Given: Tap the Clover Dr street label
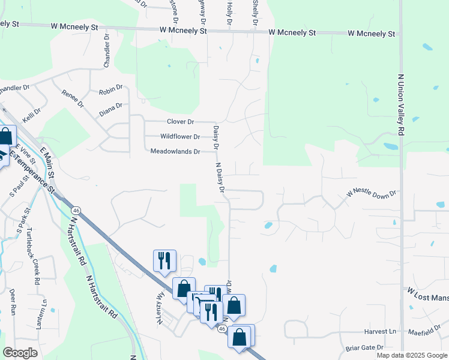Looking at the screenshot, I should point(182,122).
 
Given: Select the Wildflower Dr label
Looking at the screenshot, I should point(180,137).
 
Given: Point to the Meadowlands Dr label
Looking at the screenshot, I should point(175,152).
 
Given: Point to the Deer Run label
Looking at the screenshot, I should point(12,302).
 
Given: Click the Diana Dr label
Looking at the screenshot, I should point(110,109).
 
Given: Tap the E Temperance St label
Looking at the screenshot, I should point(31,171).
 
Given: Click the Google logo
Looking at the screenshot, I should point(20,353).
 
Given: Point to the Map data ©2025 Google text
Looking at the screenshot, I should point(411,355).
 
